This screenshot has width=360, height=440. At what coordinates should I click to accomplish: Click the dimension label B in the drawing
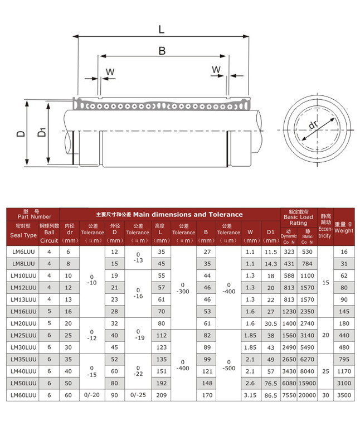[x=162, y=51]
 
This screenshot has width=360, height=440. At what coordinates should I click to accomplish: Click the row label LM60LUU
[x=23, y=395]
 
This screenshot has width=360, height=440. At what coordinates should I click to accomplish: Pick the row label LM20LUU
[x=23, y=323]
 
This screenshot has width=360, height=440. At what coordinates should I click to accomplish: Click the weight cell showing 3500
[x=344, y=395]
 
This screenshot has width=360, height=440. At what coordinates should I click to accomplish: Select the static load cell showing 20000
[x=307, y=395]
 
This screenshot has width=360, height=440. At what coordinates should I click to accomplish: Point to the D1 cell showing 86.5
[x=271, y=395]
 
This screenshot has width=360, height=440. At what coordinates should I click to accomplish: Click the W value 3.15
[x=250, y=395]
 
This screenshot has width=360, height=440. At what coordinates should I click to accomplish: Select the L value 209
[x=161, y=395]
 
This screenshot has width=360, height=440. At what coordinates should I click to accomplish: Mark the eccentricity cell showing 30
[x=325, y=395]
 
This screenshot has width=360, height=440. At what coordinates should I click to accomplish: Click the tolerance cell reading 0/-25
[x=138, y=395]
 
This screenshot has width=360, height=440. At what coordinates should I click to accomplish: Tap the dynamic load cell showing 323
[x=289, y=252]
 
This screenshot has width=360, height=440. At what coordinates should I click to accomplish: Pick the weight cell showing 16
[x=344, y=252]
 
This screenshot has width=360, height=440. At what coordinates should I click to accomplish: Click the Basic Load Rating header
[x=298, y=217]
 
